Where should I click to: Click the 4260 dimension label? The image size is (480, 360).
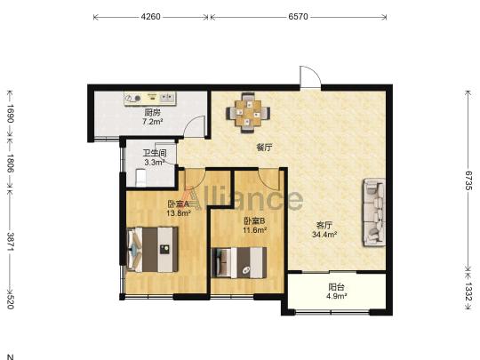(x=150, y=17)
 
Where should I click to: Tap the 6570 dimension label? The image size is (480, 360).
(x=298, y=17)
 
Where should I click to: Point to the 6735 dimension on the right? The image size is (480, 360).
(x=468, y=180)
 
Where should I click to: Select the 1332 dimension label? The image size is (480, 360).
(x=468, y=292)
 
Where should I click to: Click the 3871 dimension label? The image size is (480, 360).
(x=11, y=242)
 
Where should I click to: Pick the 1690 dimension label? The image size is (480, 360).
(x=11, y=114)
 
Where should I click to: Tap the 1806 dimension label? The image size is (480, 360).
(x=11, y=164)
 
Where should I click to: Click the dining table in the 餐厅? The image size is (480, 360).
(x=248, y=113)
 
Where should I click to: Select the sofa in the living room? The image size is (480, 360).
(x=373, y=212)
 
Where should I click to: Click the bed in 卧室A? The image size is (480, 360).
(x=152, y=250)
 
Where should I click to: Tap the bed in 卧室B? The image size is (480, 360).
(x=239, y=262)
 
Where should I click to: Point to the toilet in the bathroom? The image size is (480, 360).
(x=141, y=178)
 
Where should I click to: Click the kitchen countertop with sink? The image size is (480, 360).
(x=150, y=99)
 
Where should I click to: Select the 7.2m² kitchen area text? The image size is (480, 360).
(x=152, y=122)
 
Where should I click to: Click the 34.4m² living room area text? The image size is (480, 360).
(x=324, y=235)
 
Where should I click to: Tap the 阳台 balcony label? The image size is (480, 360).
(x=336, y=287)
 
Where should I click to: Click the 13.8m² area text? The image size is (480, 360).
(x=179, y=212)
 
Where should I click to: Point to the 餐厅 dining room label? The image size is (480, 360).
(x=264, y=148)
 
